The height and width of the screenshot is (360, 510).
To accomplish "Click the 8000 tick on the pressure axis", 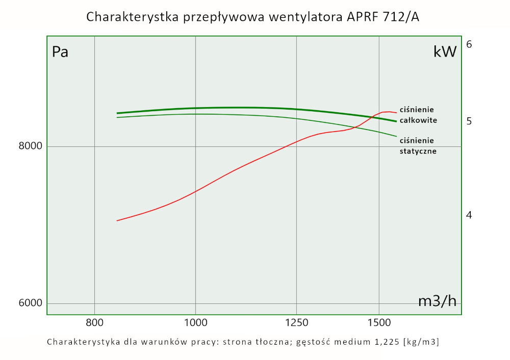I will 30,146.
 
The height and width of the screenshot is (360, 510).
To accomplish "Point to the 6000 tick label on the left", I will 30,303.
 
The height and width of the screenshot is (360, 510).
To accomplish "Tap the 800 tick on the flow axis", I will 94,322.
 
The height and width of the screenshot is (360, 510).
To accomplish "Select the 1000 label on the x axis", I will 195,322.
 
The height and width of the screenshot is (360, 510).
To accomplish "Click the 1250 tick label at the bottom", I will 296,322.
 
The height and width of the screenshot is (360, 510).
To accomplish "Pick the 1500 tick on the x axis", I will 379,322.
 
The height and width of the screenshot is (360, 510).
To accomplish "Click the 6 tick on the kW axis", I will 469,44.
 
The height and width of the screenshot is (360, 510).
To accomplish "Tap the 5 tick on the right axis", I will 469,121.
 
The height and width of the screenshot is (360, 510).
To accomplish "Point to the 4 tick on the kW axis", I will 469,215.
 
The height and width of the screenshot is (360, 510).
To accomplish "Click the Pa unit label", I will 60,52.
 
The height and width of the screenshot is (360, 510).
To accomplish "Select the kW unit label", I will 444,52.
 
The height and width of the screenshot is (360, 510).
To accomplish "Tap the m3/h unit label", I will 437,301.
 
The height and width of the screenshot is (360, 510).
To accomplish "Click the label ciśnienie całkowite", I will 418,115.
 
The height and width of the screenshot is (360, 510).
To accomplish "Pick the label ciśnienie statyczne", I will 418,146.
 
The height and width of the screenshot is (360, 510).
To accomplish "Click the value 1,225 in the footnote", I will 387,342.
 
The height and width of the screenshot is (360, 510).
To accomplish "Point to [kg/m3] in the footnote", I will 421,342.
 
